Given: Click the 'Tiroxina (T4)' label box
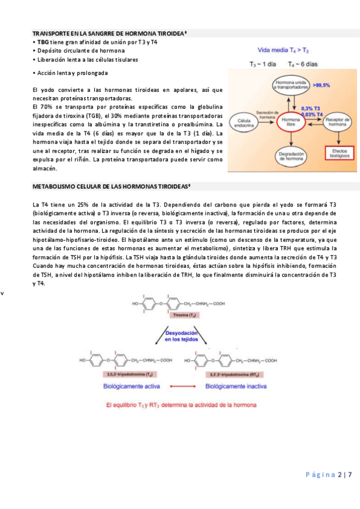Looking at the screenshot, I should [x=184, y=315].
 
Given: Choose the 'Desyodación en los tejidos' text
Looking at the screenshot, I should [x=183, y=337].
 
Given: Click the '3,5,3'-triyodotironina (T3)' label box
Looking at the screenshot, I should [x=125, y=374].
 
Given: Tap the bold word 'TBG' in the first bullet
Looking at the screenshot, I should [x=43, y=43].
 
